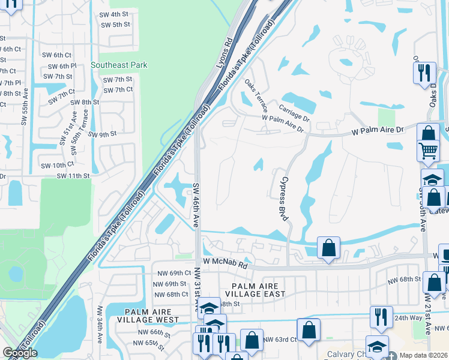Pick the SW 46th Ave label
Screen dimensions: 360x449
[196, 205]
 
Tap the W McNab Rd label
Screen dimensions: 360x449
[225, 263]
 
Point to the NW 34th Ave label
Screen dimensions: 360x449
[101, 327]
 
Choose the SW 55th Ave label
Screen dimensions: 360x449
[25, 107]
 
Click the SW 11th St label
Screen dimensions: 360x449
[73, 176]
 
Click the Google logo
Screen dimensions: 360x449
[20, 353]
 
